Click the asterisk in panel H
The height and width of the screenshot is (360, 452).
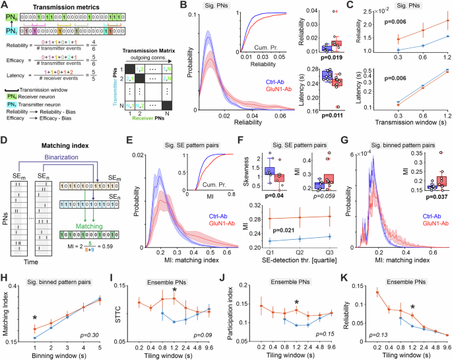click(34, 300)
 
